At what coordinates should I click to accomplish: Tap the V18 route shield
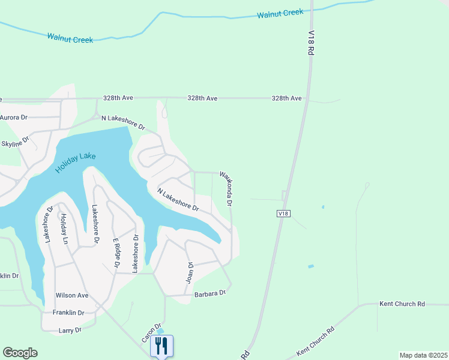[x=284, y=214]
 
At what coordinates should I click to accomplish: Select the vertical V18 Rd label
[x=312, y=44]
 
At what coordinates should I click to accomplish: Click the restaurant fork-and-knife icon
[x=161, y=346]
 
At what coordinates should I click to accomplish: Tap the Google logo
[x=20, y=353]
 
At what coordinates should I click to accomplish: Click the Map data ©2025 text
[x=423, y=355]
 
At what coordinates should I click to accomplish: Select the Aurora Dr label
[x=14, y=118]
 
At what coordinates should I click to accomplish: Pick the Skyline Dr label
[x=15, y=144]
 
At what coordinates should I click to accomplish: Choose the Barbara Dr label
[x=209, y=294]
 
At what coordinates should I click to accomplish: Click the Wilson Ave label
[x=72, y=295]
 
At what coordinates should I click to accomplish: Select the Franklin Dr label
[x=68, y=313]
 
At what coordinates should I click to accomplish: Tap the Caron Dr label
[x=152, y=333]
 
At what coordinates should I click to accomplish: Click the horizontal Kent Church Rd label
[x=402, y=304]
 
